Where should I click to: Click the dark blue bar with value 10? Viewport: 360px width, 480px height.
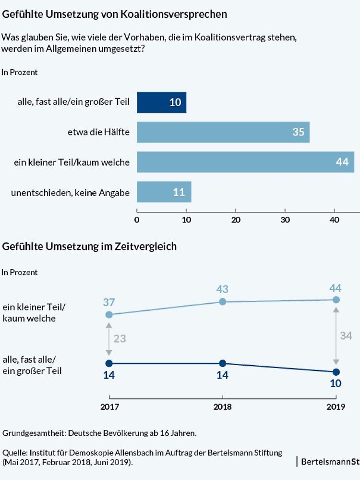click(161, 102)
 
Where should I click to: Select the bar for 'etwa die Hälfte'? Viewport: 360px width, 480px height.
click(223, 132)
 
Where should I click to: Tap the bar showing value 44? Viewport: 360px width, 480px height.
click(245, 162)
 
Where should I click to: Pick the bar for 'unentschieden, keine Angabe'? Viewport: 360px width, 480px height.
click(164, 192)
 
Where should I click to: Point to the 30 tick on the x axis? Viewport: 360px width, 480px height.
click(285, 220)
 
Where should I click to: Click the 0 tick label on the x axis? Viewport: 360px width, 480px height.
click(137, 220)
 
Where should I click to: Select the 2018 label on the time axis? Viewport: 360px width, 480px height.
click(222, 406)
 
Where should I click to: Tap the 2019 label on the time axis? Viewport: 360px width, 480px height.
click(336, 406)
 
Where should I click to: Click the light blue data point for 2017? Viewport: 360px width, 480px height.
click(109, 315)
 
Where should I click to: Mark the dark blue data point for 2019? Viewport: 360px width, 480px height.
click(336, 372)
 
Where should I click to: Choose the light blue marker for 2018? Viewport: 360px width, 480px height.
click(222, 302)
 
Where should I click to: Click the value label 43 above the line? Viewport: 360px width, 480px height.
click(222, 289)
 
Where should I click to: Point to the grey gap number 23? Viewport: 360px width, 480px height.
click(120, 338)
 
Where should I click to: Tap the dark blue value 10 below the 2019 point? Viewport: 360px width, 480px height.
click(336, 384)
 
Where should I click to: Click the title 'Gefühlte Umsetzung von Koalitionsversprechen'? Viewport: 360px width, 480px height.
click(115, 14)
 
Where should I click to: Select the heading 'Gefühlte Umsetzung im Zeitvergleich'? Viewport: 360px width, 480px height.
click(90, 246)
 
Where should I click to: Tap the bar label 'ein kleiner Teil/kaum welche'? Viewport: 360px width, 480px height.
click(72, 162)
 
